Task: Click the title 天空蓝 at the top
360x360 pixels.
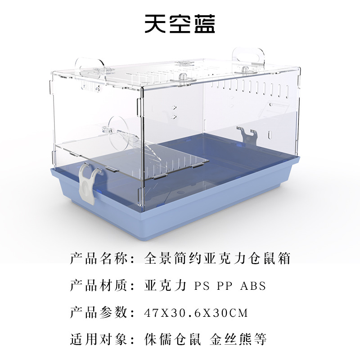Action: coord(180,24)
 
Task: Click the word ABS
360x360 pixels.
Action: coord(253,286)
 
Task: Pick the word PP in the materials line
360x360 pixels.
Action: coord(225,286)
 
